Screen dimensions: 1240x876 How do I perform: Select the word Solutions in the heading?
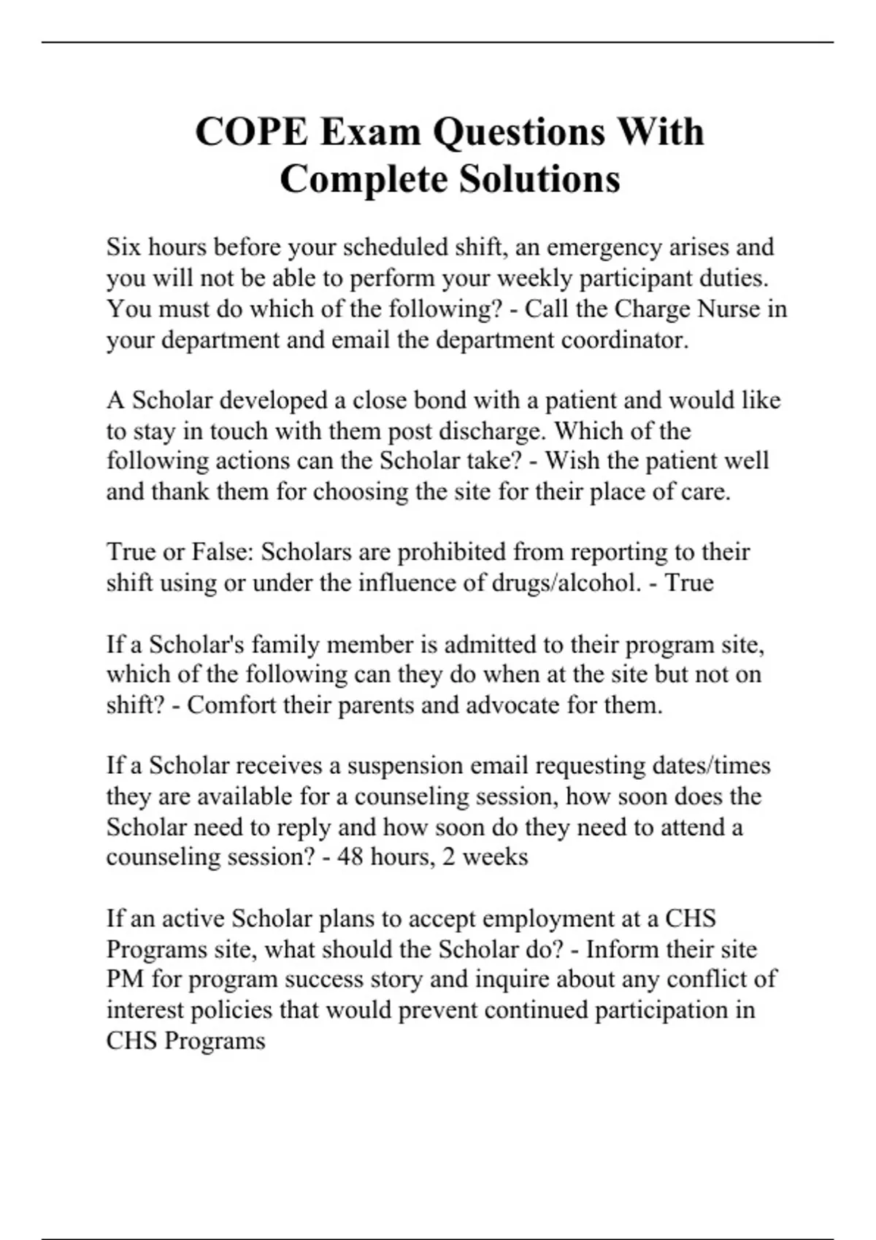click(x=539, y=179)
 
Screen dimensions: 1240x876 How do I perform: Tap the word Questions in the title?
click(x=519, y=133)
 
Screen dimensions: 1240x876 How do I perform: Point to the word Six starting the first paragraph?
click(x=123, y=247)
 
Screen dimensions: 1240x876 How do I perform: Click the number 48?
click(x=350, y=856)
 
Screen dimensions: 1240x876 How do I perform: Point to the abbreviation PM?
click(x=125, y=980)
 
